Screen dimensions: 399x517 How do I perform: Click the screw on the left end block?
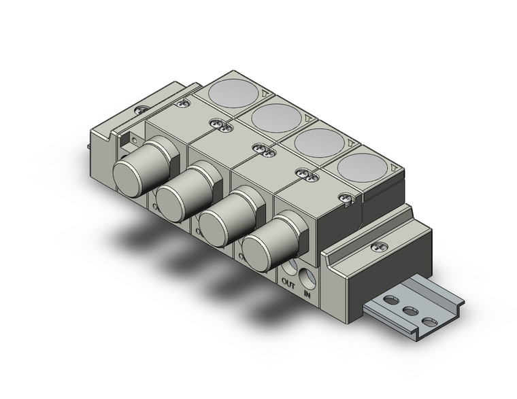point(141,108)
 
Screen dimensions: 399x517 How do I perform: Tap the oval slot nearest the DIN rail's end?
point(429,321)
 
